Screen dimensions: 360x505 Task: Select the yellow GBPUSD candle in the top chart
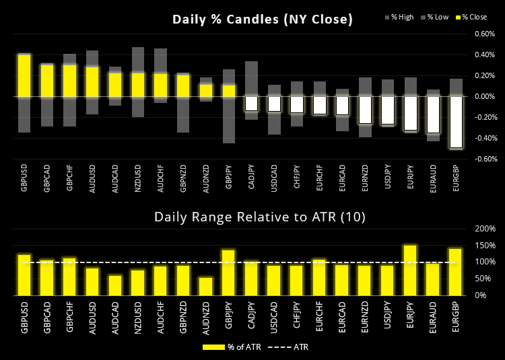(x=24, y=75)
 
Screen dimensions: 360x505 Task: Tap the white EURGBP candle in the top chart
(x=457, y=122)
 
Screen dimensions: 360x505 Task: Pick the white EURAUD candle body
(x=434, y=114)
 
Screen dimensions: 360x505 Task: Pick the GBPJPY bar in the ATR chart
(x=229, y=273)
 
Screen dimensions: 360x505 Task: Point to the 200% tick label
(x=484, y=229)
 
